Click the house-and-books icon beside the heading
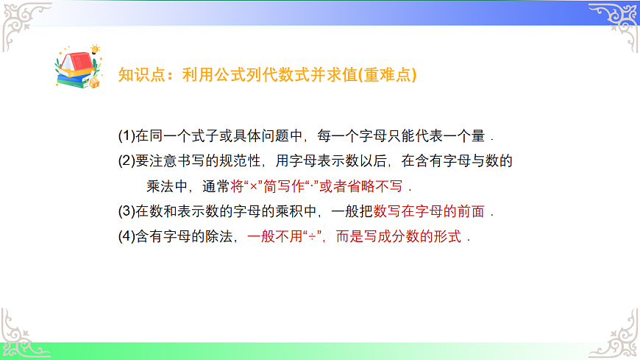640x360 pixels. click(77, 68)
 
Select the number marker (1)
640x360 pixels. click(127, 136)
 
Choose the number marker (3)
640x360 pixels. click(127, 212)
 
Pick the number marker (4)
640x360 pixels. click(127, 237)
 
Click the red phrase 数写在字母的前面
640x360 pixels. click(429, 212)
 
